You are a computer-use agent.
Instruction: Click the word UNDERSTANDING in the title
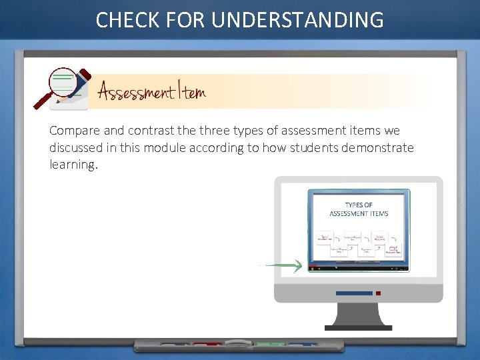297,20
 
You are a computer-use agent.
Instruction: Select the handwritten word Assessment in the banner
137,92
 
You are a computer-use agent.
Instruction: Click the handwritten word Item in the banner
192,92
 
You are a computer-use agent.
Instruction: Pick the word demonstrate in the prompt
377,147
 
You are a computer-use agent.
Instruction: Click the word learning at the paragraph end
73,164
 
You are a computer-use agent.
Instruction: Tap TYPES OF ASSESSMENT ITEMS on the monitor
359,209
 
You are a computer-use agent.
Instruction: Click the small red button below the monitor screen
378,293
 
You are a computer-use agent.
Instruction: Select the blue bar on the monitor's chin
353,293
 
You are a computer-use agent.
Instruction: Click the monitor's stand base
359,327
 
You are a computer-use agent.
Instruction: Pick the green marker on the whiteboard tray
270,345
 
